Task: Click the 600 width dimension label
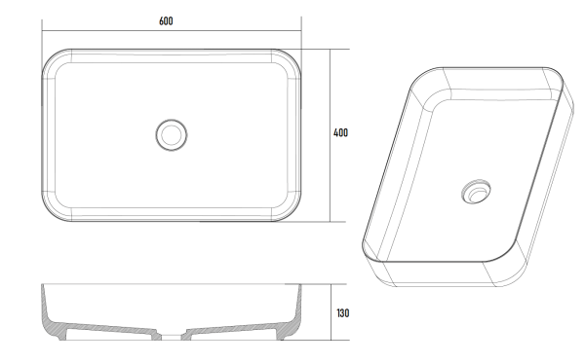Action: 167,21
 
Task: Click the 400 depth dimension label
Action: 340,133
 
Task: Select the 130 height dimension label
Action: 343,313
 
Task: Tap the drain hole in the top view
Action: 172,134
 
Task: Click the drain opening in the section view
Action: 172,336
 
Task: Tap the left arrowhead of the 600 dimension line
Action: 44,32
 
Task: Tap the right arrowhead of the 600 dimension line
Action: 299,32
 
